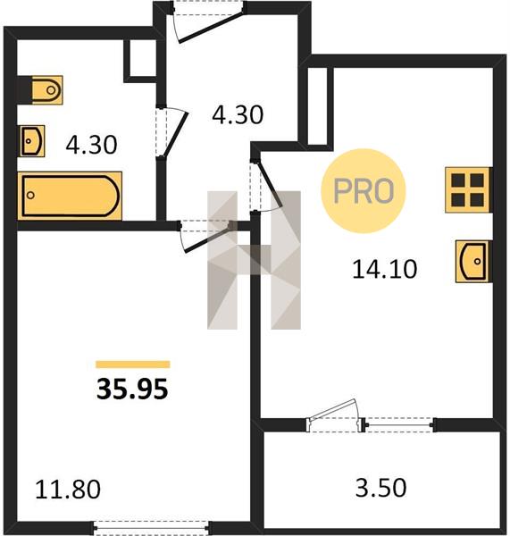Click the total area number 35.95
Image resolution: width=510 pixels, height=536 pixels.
pyautogui.click(x=132, y=389)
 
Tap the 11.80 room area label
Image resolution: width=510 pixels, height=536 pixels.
pyautogui.click(x=68, y=490)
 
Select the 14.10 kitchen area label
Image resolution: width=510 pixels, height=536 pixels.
pyautogui.click(x=385, y=269)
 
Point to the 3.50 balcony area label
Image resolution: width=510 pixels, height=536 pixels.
pyautogui.click(x=381, y=488)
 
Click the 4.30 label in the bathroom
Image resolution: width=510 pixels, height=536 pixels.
pyautogui.click(x=92, y=145)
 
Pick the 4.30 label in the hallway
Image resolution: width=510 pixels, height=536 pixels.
pyautogui.click(x=238, y=114)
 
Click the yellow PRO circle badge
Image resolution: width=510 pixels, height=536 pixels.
pyautogui.click(x=364, y=191)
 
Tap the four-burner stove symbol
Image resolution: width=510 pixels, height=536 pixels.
pyautogui.click(x=467, y=190)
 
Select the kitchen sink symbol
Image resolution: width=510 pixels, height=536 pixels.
pyautogui.click(x=472, y=262)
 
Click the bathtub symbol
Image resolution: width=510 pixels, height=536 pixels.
pyautogui.click(x=70, y=196)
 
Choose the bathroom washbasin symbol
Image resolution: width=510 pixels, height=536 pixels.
pyautogui.click(x=32, y=141)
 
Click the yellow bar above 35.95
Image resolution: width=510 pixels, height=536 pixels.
pyautogui.click(x=133, y=364)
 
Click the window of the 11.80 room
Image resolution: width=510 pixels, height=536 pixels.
pyautogui.click(x=151, y=527)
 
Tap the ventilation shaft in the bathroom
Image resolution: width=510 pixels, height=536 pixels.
pyautogui.click(x=140, y=61)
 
